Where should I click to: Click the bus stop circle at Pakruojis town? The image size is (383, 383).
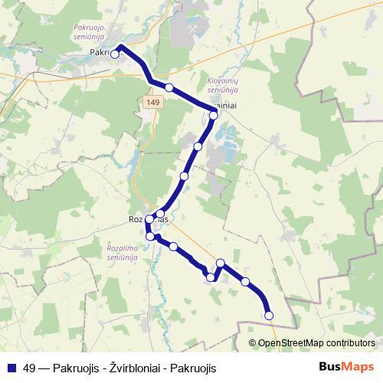[x=115, y=54]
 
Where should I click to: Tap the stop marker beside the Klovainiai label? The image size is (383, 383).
[x=214, y=115]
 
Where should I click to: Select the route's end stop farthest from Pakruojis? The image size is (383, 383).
[x=269, y=315]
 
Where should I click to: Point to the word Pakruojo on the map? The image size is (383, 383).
[x=90, y=28]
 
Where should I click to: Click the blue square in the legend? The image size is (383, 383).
[x=11, y=367]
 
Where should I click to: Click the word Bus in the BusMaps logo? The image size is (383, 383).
[x=331, y=367]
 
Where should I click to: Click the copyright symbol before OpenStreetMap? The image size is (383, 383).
[x=253, y=343]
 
